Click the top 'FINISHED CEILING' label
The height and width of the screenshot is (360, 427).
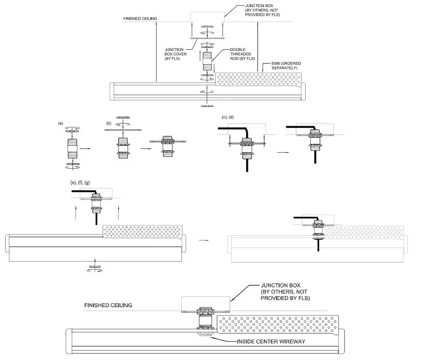[x=140, y=19]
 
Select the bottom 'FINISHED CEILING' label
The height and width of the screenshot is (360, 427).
[x=108, y=305]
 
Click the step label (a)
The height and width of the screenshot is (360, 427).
[x=60, y=123]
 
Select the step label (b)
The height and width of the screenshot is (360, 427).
[x=109, y=123]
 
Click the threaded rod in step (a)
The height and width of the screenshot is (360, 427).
[x=73, y=150]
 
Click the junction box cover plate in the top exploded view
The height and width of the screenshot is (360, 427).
[x=207, y=38]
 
